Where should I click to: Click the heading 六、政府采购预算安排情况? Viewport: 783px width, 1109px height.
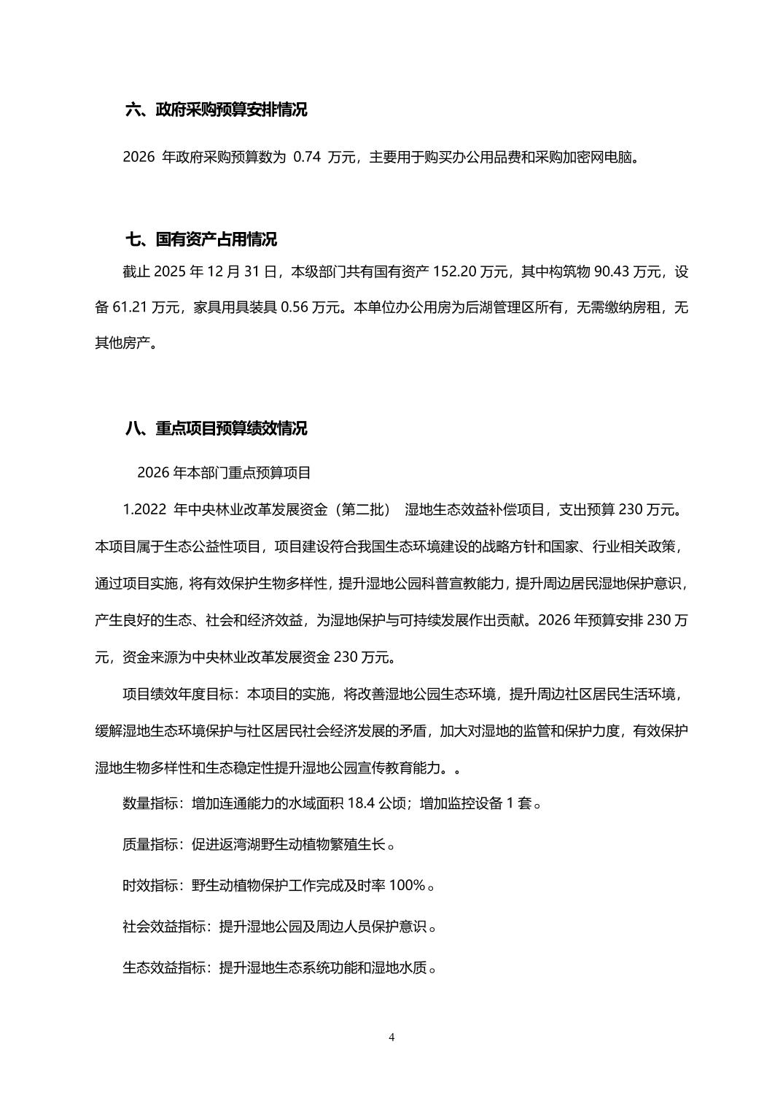[x=216, y=110]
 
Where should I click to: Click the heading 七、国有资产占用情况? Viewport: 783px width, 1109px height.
[x=201, y=239]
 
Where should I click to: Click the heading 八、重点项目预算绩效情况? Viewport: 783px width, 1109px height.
[x=216, y=428]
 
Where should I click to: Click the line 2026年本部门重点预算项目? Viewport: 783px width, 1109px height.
[x=224, y=473]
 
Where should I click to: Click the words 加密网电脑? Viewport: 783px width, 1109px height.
[x=597, y=157]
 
